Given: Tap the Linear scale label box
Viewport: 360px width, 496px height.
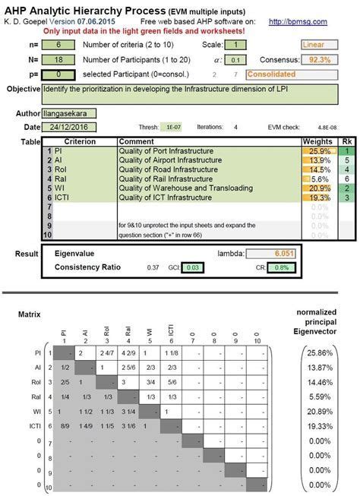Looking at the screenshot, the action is tap(324, 45).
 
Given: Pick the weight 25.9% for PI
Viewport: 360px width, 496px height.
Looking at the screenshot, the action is tap(319, 152).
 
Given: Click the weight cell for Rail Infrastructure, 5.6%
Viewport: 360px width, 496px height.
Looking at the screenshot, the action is tap(319, 178).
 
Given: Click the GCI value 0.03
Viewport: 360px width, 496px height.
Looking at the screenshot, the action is tap(194, 267).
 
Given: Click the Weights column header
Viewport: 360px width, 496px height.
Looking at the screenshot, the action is tap(318, 142).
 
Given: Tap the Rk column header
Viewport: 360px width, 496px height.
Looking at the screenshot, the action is tap(347, 142).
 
